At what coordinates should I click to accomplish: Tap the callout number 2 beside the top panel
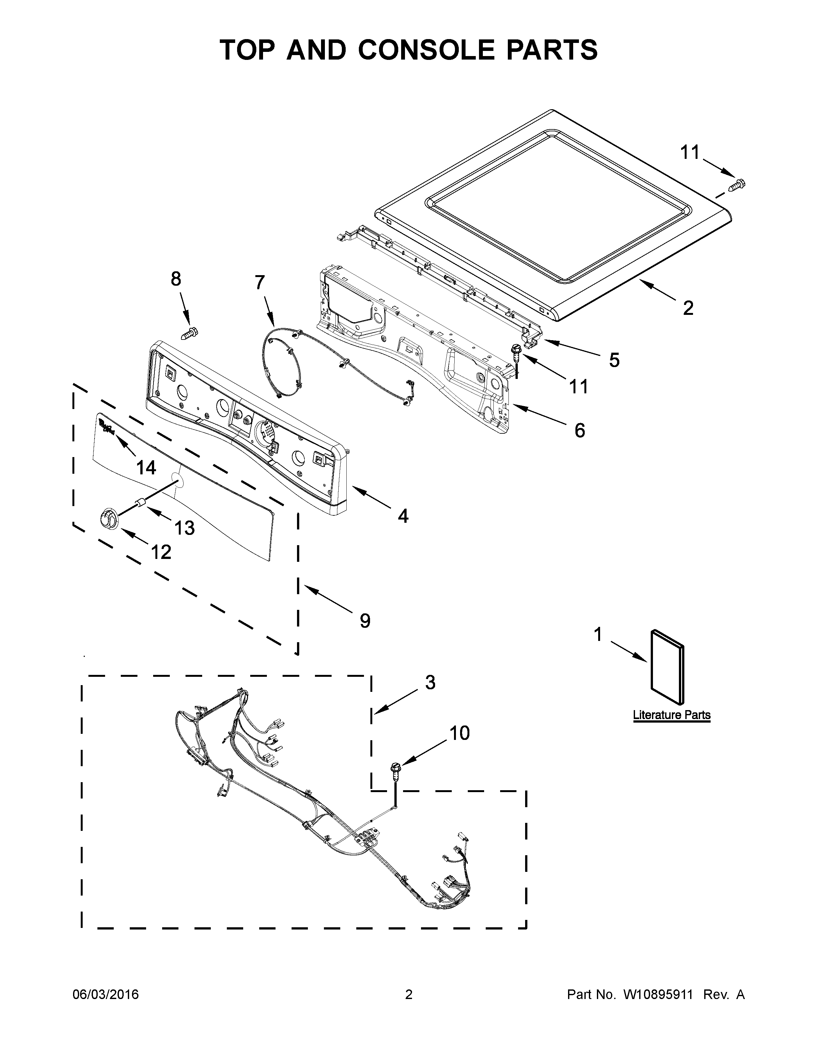click(x=688, y=308)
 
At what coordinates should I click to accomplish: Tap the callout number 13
click(x=185, y=528)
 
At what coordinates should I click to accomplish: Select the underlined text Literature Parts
click(x=671, y=715)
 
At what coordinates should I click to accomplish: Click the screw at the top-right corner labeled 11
click(x=738, y=184)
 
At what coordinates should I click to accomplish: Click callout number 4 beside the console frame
click(x=403, y=516)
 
